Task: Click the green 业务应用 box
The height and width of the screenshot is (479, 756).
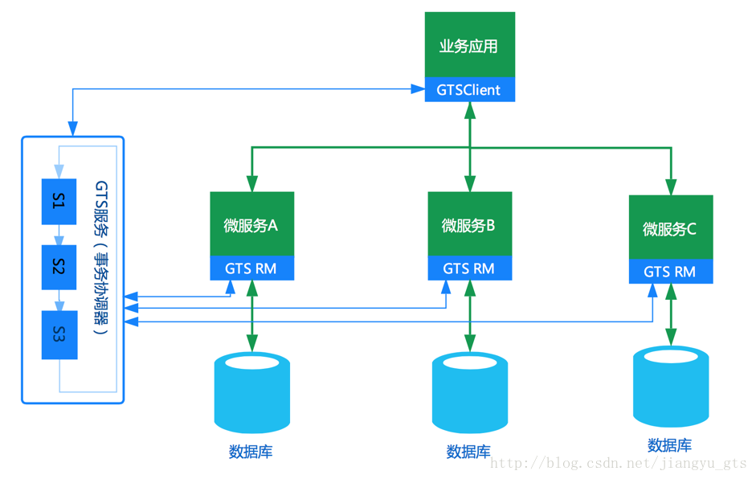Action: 470,45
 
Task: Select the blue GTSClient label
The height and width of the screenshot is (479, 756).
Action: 470,90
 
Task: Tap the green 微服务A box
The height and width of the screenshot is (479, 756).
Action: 251,225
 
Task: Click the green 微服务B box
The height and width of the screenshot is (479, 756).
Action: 469,225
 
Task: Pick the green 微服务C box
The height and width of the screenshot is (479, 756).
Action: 670,228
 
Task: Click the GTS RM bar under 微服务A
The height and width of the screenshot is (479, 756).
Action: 251,268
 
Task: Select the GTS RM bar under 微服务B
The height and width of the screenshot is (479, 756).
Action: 469,268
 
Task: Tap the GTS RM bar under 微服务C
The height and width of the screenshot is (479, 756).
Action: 670,272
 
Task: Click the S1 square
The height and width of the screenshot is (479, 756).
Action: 59,202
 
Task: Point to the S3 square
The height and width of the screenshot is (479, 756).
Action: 59,334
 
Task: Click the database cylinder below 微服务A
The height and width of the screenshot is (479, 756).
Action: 251,393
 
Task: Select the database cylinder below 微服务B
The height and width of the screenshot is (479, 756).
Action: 469,393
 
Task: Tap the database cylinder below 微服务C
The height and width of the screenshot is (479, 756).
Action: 671,387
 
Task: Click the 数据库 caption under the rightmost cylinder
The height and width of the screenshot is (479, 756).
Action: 670,445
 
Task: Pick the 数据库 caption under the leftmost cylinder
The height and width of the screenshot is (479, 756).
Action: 251,452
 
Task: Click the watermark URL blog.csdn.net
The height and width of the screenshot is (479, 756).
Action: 619,464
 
